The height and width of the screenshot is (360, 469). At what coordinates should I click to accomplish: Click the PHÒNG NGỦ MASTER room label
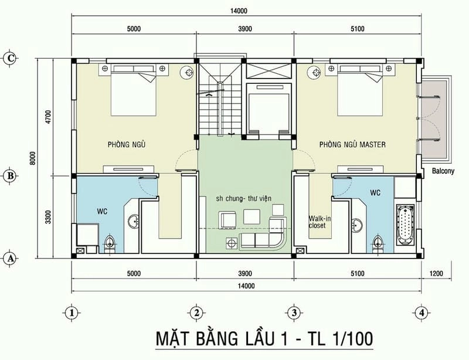tap(352, 144)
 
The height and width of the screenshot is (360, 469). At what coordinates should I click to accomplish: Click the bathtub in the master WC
tap(406, 226)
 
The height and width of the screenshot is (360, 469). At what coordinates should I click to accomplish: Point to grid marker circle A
tap(9, 257)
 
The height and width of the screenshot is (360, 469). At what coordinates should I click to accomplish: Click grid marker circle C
tap(9, 57)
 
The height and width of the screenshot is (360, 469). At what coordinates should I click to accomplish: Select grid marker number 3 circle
tap(295, 312)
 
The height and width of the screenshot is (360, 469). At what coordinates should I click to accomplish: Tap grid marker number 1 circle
tap(71, 312)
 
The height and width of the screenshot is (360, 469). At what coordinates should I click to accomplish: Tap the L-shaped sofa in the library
tap(264, 240)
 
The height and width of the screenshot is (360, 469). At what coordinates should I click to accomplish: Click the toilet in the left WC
tap(108, 243)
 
